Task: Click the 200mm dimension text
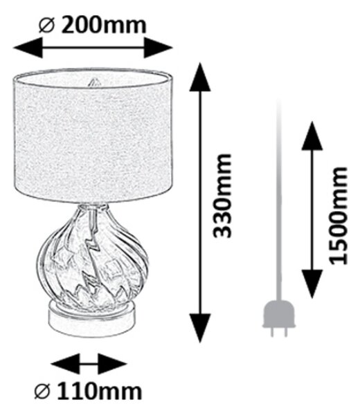(x=104, y=26)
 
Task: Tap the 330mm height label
(x=222, y=196)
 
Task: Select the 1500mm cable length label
(x=337, y=215)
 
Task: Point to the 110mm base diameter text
(x=100, y=391)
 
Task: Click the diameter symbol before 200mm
(x=46, y=26)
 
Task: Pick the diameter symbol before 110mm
(x=42, y=391)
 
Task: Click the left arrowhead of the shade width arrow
(x=28, y=48)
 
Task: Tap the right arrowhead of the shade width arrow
(x=158, y=48)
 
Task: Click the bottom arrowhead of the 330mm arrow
(x=200, y=328)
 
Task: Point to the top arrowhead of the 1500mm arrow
(x=312, y=136)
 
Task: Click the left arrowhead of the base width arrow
(x=65, y=364)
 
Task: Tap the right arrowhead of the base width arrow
(x=112, y=364)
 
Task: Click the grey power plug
(x=279, y=317)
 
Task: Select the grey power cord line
(x=278, y=199)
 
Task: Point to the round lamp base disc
(x=92, y=320)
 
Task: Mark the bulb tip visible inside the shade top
(x=93, y=82)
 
